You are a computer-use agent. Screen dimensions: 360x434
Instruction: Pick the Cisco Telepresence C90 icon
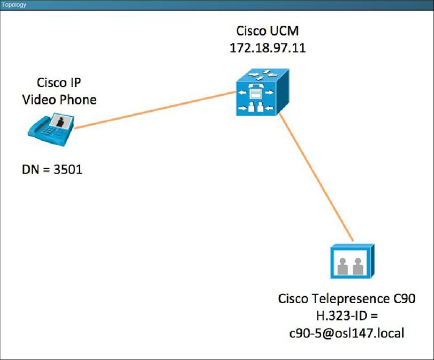pyautogui.click(x=352, y=262)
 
